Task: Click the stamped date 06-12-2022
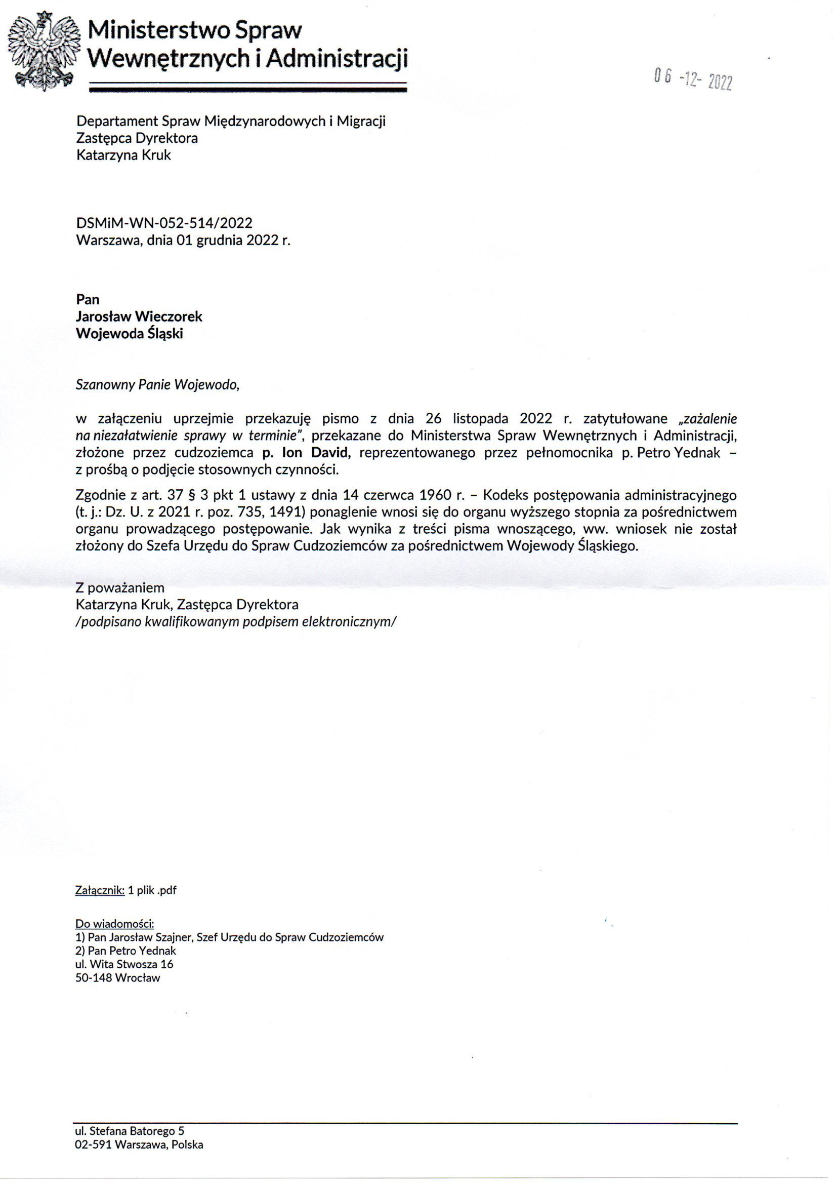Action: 693,79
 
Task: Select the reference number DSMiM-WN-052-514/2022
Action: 164,223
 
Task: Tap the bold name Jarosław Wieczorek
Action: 139,316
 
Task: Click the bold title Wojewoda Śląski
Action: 130,334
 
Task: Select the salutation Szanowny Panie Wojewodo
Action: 157,385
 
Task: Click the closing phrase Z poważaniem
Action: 119,588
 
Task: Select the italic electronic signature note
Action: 236,621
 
